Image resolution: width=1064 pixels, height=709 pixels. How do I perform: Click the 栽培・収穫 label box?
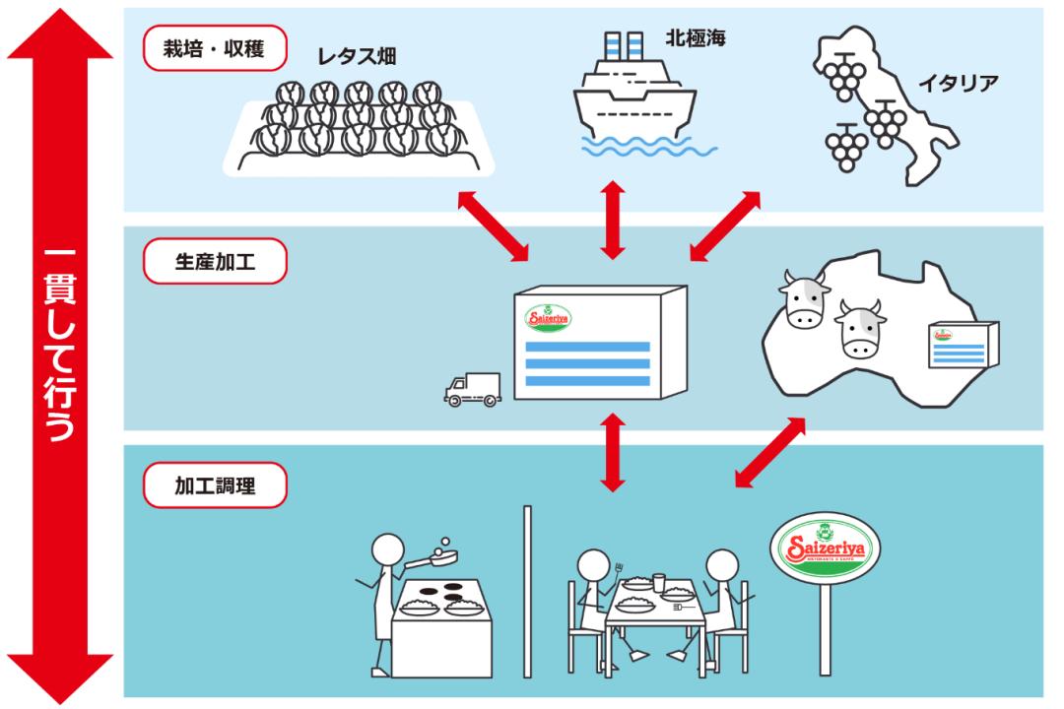coord(215,48)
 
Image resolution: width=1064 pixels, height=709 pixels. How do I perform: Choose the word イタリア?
coord(959,82)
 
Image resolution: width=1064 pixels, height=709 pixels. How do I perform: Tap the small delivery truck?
coord(472,388)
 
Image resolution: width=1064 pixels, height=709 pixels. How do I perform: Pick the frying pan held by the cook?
coord(434,560)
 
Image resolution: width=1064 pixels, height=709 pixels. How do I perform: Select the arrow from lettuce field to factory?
coord(494,226)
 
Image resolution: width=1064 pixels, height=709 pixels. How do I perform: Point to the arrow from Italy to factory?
coord(725,226)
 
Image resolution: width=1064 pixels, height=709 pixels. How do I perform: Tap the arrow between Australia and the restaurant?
coord(769,452)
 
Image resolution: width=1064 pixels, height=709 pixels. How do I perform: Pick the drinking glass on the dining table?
coord(658,581)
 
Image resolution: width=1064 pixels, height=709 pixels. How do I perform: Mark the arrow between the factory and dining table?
coord(613,452)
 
